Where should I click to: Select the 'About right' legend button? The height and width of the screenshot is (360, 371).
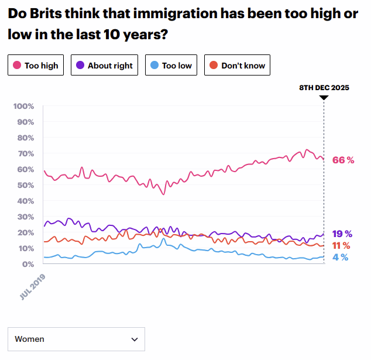[x=104, y=66]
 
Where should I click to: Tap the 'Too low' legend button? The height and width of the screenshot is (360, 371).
[x=171, y=66]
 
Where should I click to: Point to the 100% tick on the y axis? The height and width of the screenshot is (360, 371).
[x=24, y=107]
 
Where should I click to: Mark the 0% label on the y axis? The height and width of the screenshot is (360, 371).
[x=28, y=264]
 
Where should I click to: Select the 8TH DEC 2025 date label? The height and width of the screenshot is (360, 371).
[x=324, y=87]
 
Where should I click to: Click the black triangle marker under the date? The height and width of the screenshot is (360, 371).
[x=324, y=97]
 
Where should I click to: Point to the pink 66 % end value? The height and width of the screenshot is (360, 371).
[x=343, y=160]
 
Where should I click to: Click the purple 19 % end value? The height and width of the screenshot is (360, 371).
[x=341, y=234]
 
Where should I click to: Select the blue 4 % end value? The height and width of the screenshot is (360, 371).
[x=341, y=257]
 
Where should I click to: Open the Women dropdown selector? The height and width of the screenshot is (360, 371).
[x=76, y=339]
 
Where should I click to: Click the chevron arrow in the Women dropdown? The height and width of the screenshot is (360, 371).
[x=135, y=339]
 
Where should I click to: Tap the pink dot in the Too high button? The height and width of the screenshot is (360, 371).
[x=17, y=66]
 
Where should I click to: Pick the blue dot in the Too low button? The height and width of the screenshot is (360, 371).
[x=154, y=66]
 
